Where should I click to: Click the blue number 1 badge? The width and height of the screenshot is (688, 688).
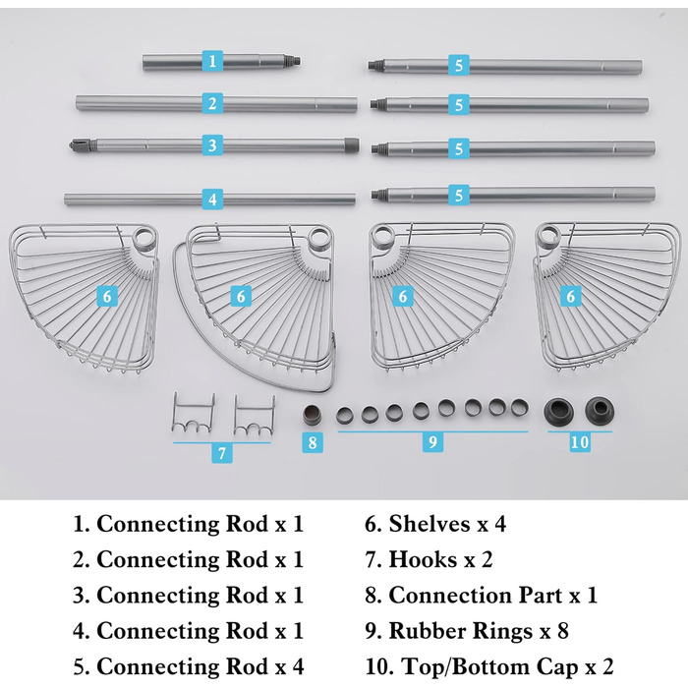click(212, 61)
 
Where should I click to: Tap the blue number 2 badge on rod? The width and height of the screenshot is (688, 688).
click(212, 102)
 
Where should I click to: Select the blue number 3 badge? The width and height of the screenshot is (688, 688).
click(212, 145)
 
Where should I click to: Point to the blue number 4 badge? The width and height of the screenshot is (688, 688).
click(212, 199)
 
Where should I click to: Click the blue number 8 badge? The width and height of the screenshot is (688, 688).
click(313, 442)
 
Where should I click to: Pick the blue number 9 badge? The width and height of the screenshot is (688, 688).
click(431, 442)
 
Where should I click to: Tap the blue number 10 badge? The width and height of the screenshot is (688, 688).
click(580, 442)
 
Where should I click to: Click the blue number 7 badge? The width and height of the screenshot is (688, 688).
click(222, 454)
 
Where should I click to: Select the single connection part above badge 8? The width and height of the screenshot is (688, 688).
click(312, 412)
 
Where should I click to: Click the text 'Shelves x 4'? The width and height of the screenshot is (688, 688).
click(436, 524)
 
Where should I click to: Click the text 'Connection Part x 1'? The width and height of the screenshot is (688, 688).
click(481, 595)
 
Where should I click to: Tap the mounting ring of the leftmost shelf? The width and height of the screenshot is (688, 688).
click(144, 239)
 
